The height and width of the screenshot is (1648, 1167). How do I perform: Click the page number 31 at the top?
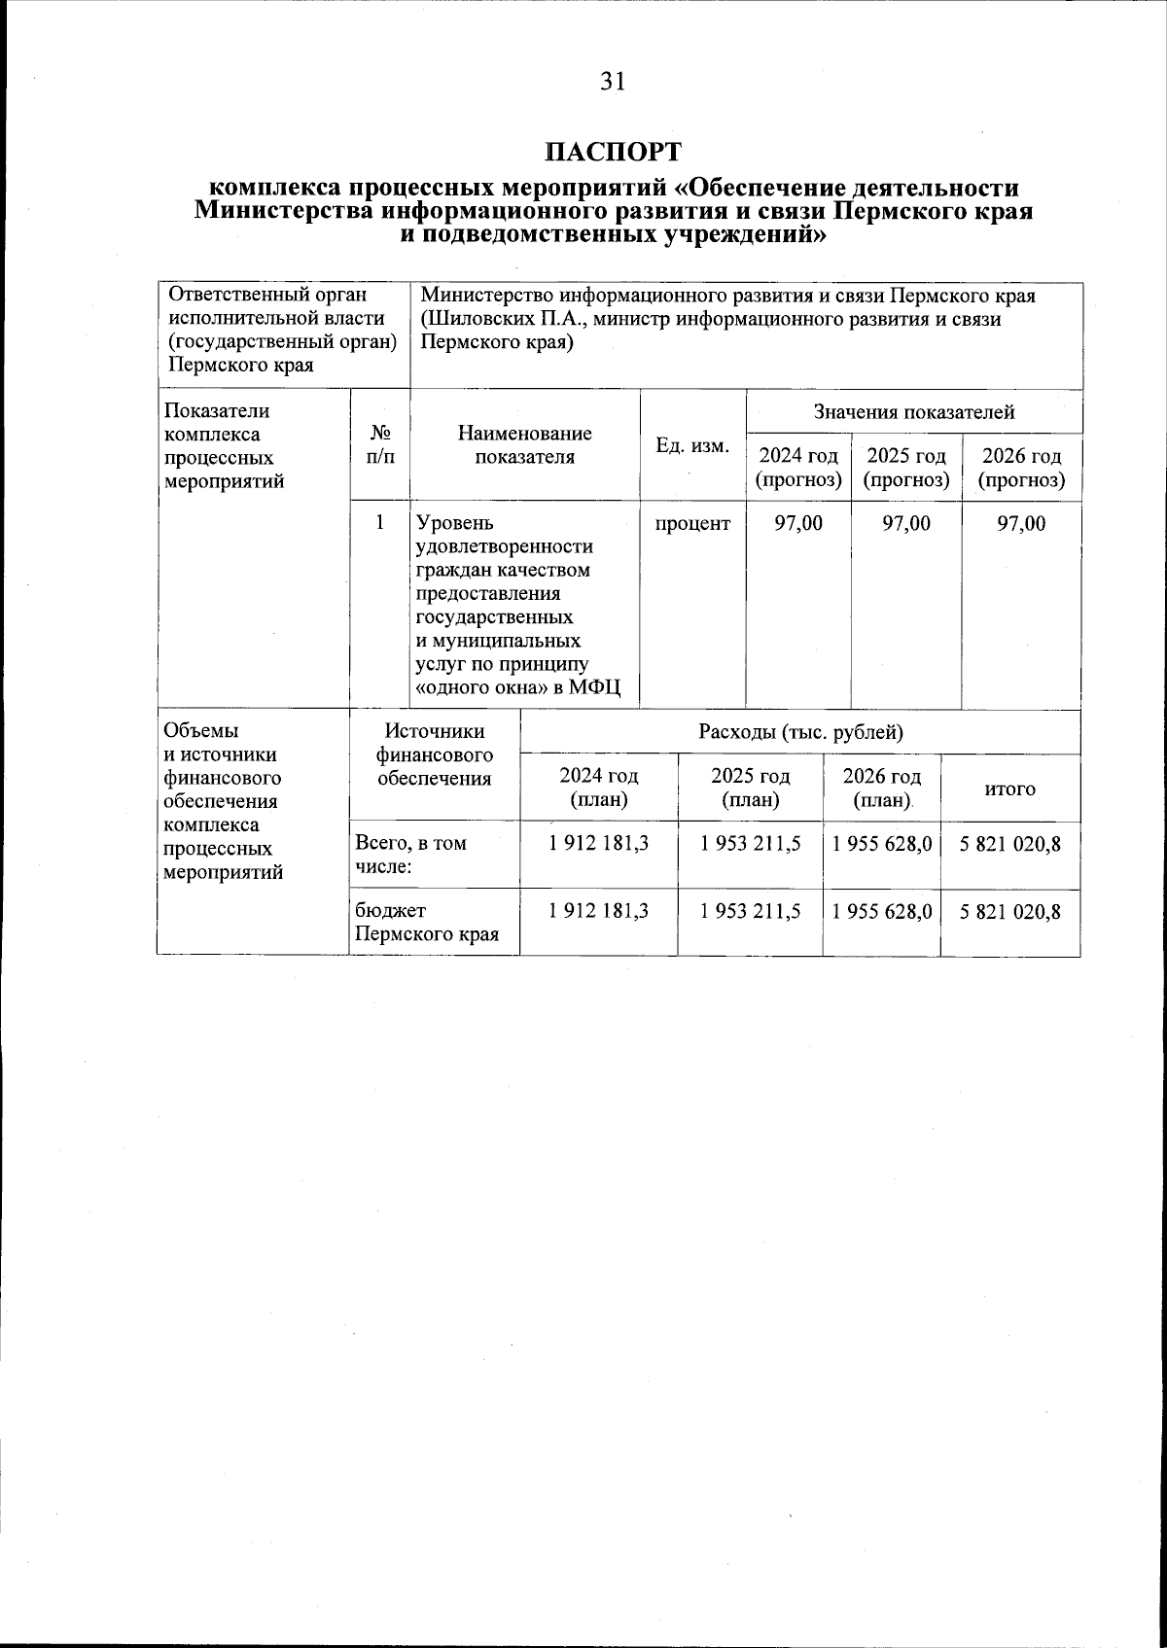point(612,82)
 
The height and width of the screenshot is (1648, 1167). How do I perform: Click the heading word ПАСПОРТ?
point(613,152)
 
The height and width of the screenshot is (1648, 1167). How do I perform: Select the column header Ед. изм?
point(692,445)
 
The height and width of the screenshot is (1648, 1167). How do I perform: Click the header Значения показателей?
point(913,411)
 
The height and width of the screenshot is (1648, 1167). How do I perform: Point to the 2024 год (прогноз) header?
point(798,468)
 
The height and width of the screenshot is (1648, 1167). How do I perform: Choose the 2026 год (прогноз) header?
point(1021,468)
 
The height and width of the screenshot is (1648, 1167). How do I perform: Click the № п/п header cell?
point(380,445)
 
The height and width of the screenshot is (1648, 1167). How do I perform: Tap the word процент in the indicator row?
point(692,523)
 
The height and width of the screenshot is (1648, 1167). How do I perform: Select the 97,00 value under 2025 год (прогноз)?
point(905,523)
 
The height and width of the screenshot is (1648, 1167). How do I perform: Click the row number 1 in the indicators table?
point(380,523)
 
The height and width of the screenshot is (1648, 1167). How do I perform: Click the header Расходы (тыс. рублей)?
point(800,732)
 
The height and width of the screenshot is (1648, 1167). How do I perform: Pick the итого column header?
point(1010,789)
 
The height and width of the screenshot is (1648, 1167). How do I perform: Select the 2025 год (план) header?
point(750,788)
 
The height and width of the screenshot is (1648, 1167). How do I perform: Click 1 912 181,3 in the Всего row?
point(598,843)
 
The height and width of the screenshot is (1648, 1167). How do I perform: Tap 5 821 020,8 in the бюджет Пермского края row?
point(1010,911)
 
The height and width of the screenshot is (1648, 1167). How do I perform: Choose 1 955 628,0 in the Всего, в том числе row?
point(882,843)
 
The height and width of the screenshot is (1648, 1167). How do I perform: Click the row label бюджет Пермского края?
point(426,923)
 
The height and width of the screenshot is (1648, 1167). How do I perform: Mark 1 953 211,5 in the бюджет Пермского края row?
point(750,911)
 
